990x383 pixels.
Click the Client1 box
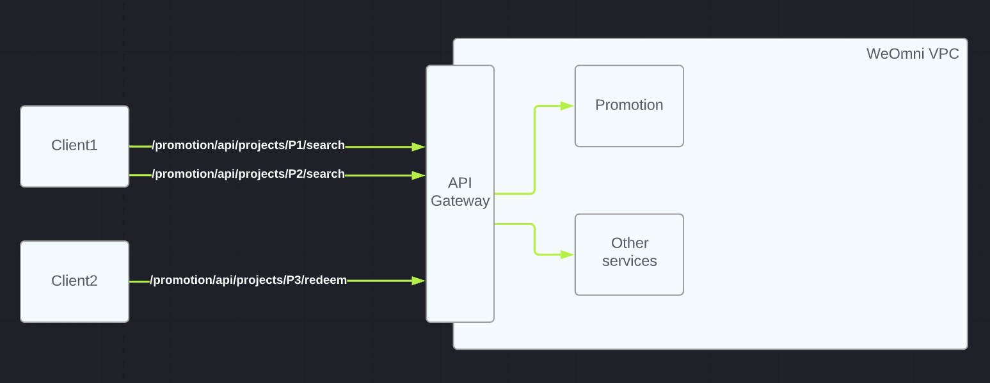(x=74, y=146)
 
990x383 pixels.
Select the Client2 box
(x=74, y=281)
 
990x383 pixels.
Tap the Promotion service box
(x=629, y=106)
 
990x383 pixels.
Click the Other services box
(x=629, y=254)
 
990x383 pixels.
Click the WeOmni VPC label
(x=913, y=54)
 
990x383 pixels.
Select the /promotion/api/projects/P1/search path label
(x=248, y=145)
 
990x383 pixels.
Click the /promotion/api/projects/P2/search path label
(x=248, y=174)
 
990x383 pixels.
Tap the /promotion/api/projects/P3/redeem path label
(x=248, y=280)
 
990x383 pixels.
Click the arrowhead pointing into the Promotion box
(x=567, y=106)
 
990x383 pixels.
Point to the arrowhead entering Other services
(x=567, y=254)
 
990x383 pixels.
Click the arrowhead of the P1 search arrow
(x=419, y=147)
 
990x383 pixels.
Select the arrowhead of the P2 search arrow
(x=419, y=175)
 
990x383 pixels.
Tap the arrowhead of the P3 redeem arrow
(x=419, y=281)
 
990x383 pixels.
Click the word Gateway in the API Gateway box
(x=460, y=201)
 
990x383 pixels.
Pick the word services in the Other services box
(x=629, y=262)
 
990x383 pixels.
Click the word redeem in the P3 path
(x=324, y=280)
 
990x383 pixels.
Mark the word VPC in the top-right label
(x=944, y=54)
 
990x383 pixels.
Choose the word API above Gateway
(x=460, y=183)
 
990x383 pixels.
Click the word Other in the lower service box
(x=630, y=243)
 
